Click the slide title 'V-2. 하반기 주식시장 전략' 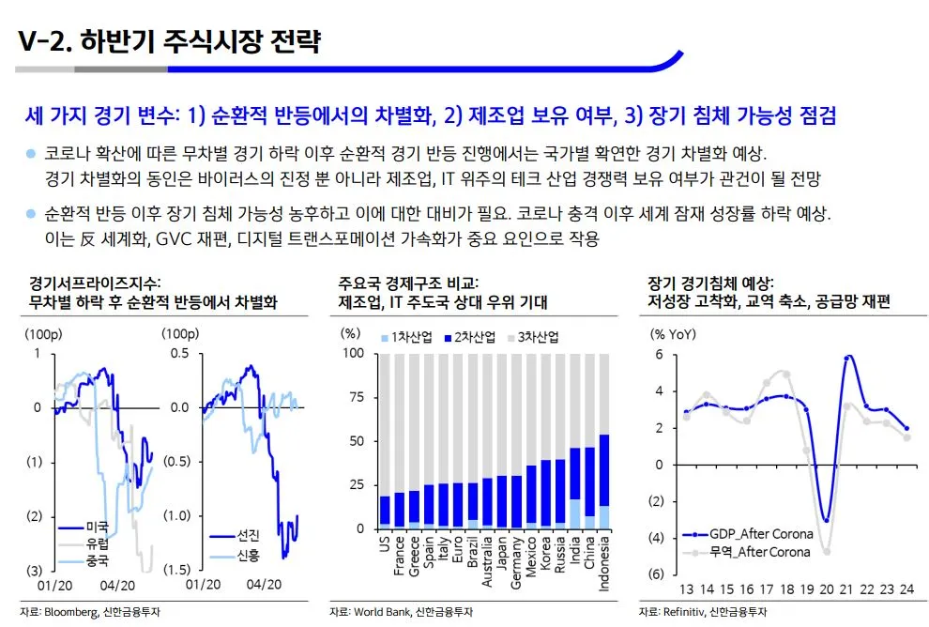click(x=170, y=42)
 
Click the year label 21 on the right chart click(x=847, y=589)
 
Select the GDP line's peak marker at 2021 click(x=848, y=358)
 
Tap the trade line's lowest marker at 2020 click(x=827, y=551)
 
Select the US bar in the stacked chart click(x=385, y=512)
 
